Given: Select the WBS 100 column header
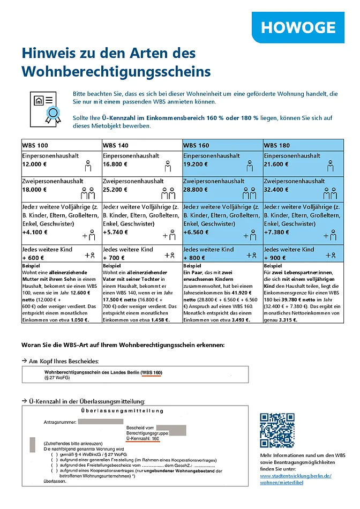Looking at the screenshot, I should coord(35,145).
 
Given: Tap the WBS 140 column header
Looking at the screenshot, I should coord(116,145).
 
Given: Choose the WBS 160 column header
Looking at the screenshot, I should coord(196,145).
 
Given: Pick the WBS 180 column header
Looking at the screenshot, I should coord(277,145).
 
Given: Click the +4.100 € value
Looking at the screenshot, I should coord(35,233).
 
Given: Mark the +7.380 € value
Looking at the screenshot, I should coord(277,233).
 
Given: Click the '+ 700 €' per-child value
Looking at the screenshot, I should coord(114,258).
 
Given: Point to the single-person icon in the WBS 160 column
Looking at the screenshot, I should coord(249,167).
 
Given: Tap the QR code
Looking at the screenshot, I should coord(277,430).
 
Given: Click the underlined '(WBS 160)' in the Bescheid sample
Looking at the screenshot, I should coord(152,372).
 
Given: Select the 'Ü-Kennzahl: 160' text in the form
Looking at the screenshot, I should coord(142,439).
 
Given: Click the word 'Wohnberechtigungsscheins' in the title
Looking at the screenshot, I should coord(116,71).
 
